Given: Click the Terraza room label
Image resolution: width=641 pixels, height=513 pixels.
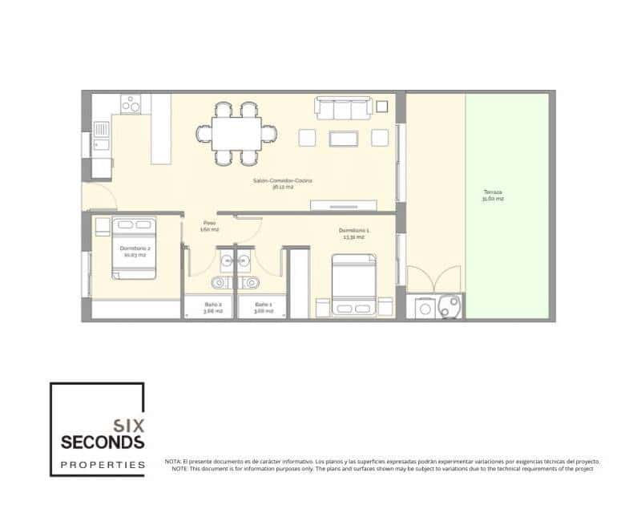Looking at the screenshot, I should (x=493, y=195).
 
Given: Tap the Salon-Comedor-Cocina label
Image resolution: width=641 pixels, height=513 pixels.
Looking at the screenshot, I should (x=281, y=184).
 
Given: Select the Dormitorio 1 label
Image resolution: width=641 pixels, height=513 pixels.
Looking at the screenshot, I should (x=353, y=233).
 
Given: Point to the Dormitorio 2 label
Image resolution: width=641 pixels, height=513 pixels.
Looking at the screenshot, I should (x=135, y=250).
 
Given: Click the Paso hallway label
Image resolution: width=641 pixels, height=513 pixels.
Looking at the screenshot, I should (x=209, y=226).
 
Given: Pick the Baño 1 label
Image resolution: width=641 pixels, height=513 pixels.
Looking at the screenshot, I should (x=264, y=307).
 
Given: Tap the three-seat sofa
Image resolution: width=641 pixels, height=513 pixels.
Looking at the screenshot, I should (x=342, y=109).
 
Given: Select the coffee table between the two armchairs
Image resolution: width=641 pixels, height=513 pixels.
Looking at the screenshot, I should (x=344, y=138).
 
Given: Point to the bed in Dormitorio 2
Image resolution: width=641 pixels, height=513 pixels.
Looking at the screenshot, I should (x=133, y=248).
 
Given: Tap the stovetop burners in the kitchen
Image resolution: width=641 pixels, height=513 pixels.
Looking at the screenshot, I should (x=131, y=104).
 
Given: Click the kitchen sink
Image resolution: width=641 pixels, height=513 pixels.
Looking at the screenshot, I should (x=100, y=130).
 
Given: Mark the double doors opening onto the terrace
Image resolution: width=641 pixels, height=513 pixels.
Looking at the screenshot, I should (x=433, y=277).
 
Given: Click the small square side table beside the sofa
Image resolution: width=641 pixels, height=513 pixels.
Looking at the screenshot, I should (x=381, y=106).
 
